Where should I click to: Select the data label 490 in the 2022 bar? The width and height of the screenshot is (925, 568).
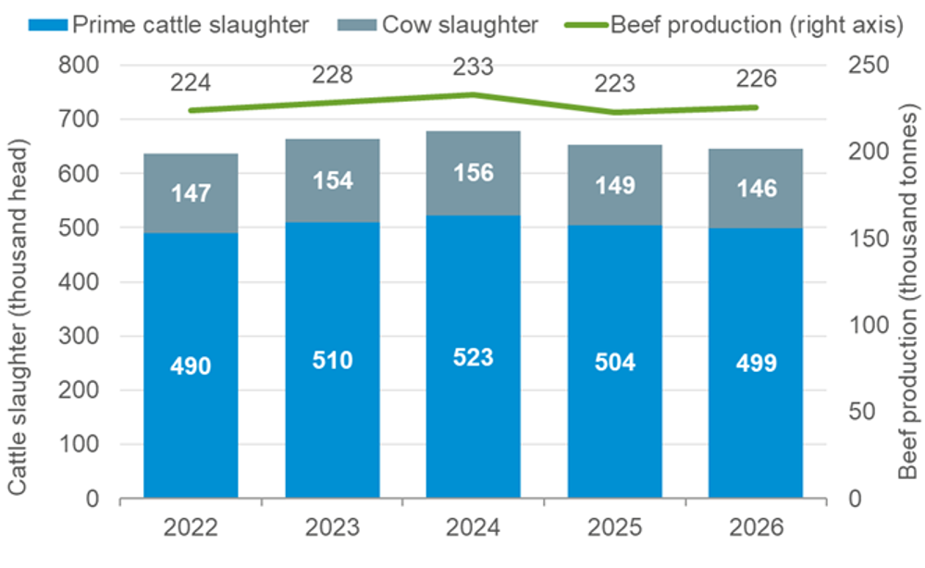pyautogui.click(x=191, y=366)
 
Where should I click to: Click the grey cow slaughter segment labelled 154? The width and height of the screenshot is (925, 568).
pyautogui.click(x=332, y=180)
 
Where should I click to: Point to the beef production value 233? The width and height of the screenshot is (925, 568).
pyautogui.click(x=473, y=67)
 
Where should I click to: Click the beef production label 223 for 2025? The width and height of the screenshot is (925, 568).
pyautogui.click(x=614, y=83)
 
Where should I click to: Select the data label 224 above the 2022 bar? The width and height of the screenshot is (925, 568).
pyautogui.click(x=191, y=82)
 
